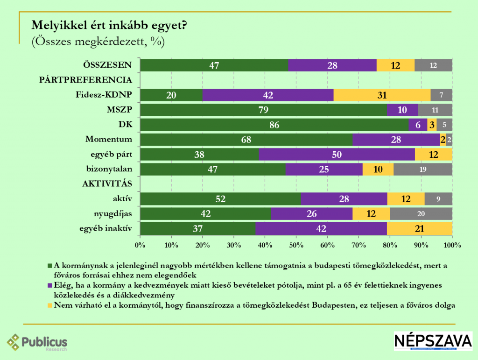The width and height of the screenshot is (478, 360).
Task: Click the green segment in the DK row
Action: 274,125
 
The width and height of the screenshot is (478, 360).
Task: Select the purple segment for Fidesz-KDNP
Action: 268,95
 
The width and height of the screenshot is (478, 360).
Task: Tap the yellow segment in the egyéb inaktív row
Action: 420,229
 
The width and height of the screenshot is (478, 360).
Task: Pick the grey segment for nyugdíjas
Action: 421,214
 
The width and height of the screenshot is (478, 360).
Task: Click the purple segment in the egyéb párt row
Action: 337,155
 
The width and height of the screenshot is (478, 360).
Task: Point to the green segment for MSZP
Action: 264,110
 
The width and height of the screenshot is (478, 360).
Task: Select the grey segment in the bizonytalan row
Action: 423,169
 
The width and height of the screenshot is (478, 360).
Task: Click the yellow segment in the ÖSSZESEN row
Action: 395,65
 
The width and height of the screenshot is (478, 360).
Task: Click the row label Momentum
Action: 109,139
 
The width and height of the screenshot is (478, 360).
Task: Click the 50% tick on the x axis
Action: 296,244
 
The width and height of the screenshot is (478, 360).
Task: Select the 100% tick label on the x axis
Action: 452,244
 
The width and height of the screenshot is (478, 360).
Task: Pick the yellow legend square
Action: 49,305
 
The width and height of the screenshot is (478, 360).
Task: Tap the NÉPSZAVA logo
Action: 433,341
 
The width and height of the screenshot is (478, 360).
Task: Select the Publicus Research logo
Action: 37,343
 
